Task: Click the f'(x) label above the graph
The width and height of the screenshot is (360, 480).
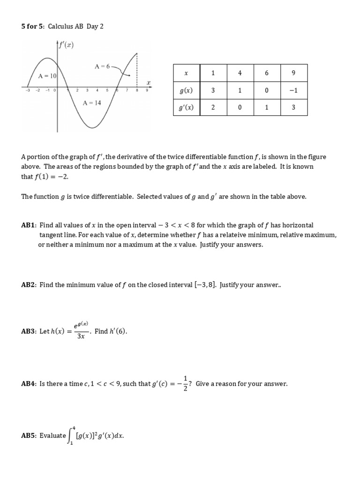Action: [x=66, y=45]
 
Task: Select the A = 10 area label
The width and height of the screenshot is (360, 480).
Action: [x=47, y=75]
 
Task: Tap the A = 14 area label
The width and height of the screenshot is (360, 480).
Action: [x=91, y=103]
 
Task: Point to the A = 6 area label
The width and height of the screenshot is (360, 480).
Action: [x=102, y=67]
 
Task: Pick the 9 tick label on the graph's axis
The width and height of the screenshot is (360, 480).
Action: [x=147, y=90]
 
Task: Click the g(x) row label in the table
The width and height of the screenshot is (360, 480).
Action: [x=186, y=90]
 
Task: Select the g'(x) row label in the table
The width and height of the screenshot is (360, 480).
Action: [x=186, y=107]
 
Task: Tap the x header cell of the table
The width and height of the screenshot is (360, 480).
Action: [x=186, y=73]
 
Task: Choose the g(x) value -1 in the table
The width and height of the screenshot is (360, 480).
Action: [x=293, y=90]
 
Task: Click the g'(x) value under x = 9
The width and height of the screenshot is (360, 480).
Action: [x=293, y=107]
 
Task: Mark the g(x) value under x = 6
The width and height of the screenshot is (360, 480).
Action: [x=266, y=90]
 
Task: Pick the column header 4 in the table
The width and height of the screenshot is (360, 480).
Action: [x=240, y=73]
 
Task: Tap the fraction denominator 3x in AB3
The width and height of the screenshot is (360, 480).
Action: [x=81, y=336]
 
